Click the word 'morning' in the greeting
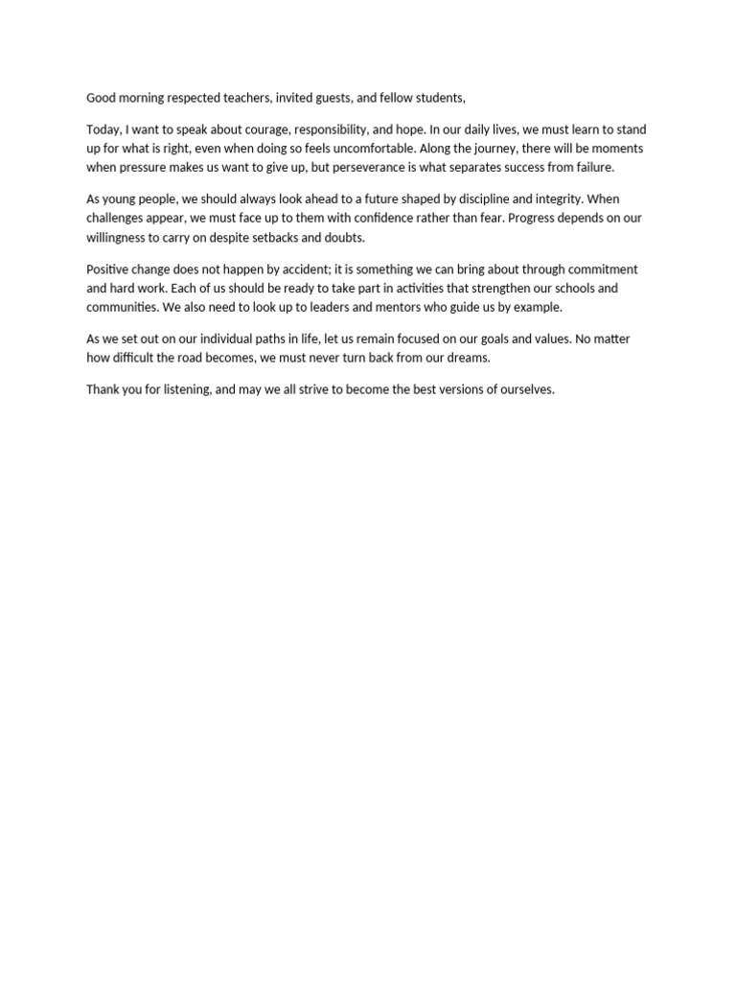coord(140,98)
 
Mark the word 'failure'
coord(591,167)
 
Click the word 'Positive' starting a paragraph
coord(108,269)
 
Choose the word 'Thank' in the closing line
coord(103,390)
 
